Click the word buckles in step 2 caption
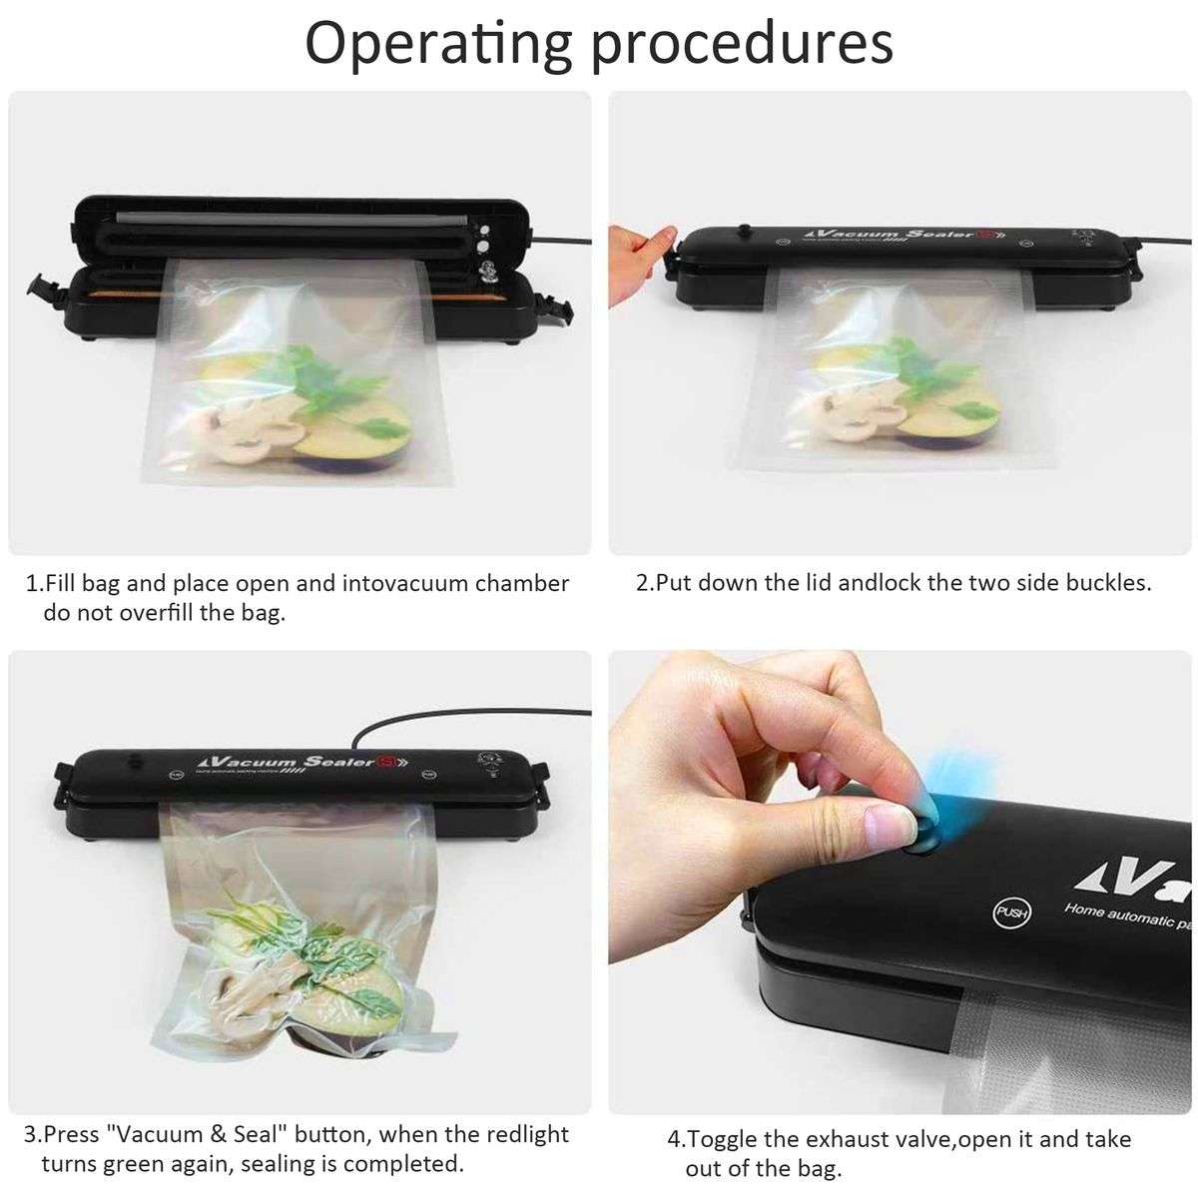click(1107, 583)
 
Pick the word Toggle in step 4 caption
click(728, 1140)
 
